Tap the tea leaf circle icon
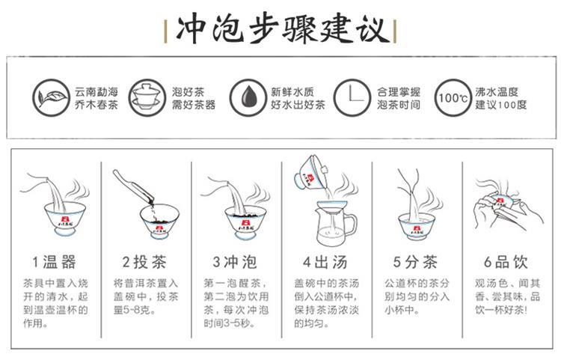(x=51, y=97)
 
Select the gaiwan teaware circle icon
(x=147, y=97)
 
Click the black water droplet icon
(x=248, y=97)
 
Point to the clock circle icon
(x=352, y=97)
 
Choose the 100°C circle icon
(x=453, y=97)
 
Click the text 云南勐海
(x=96, y=91)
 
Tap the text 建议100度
(x=501, y=105)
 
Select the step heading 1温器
(x=54, y=262)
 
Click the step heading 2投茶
(x=144, y=262)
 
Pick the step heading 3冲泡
(x=235, y=262)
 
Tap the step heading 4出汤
(x=325, y=262)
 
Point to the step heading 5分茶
(x=415, y=262)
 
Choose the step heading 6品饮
(x=506, y=262)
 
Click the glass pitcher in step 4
(x=335, y=225)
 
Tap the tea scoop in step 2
(x=133, y=188)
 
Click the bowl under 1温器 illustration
(x=65, y=219)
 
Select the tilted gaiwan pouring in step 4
(x=312, y=174)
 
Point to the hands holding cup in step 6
(x=508, y=207)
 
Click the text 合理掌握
(x=399, y=91)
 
